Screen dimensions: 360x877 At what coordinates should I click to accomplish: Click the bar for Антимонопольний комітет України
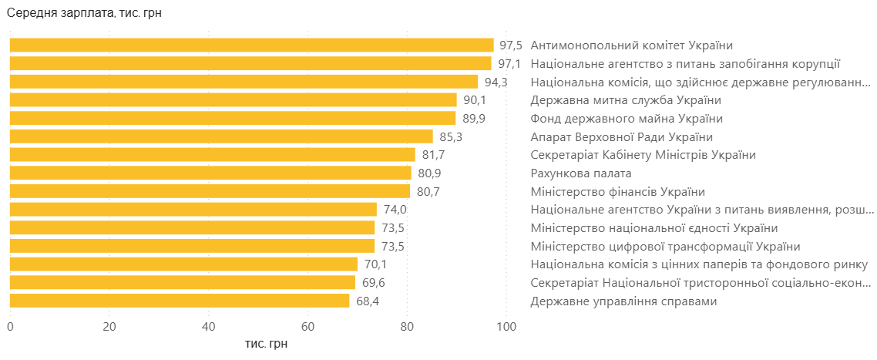coord(251,45)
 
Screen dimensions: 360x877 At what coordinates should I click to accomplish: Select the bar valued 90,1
coord(233,100)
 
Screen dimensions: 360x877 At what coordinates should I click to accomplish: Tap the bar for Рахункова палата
coord(210,173)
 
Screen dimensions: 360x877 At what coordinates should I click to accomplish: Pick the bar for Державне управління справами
coord(180,301)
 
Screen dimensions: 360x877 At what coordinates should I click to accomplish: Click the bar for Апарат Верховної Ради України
coord(221,137)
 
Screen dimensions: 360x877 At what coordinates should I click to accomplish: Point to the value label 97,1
coord(509,64)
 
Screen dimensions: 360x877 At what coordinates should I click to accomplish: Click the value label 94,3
coord(496,82)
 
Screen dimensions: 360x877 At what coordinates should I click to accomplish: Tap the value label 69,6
coord(373,283)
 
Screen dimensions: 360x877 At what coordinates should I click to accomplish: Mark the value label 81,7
coord(433,155)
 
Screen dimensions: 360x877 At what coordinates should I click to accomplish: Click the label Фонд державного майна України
coord(627,119)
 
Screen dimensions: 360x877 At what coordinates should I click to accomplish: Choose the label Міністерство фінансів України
coord(618,192)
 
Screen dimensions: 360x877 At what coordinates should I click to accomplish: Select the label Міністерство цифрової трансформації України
coord(666,247)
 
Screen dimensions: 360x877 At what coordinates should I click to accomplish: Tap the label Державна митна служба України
coord(626,100)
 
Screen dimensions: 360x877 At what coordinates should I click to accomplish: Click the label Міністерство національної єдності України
coord(654,228)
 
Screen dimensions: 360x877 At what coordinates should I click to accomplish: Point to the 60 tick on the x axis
coord(307,327)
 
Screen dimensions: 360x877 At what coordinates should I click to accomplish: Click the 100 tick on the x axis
coord(506,327)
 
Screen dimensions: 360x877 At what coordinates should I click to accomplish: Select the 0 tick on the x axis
coord(10,327)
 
